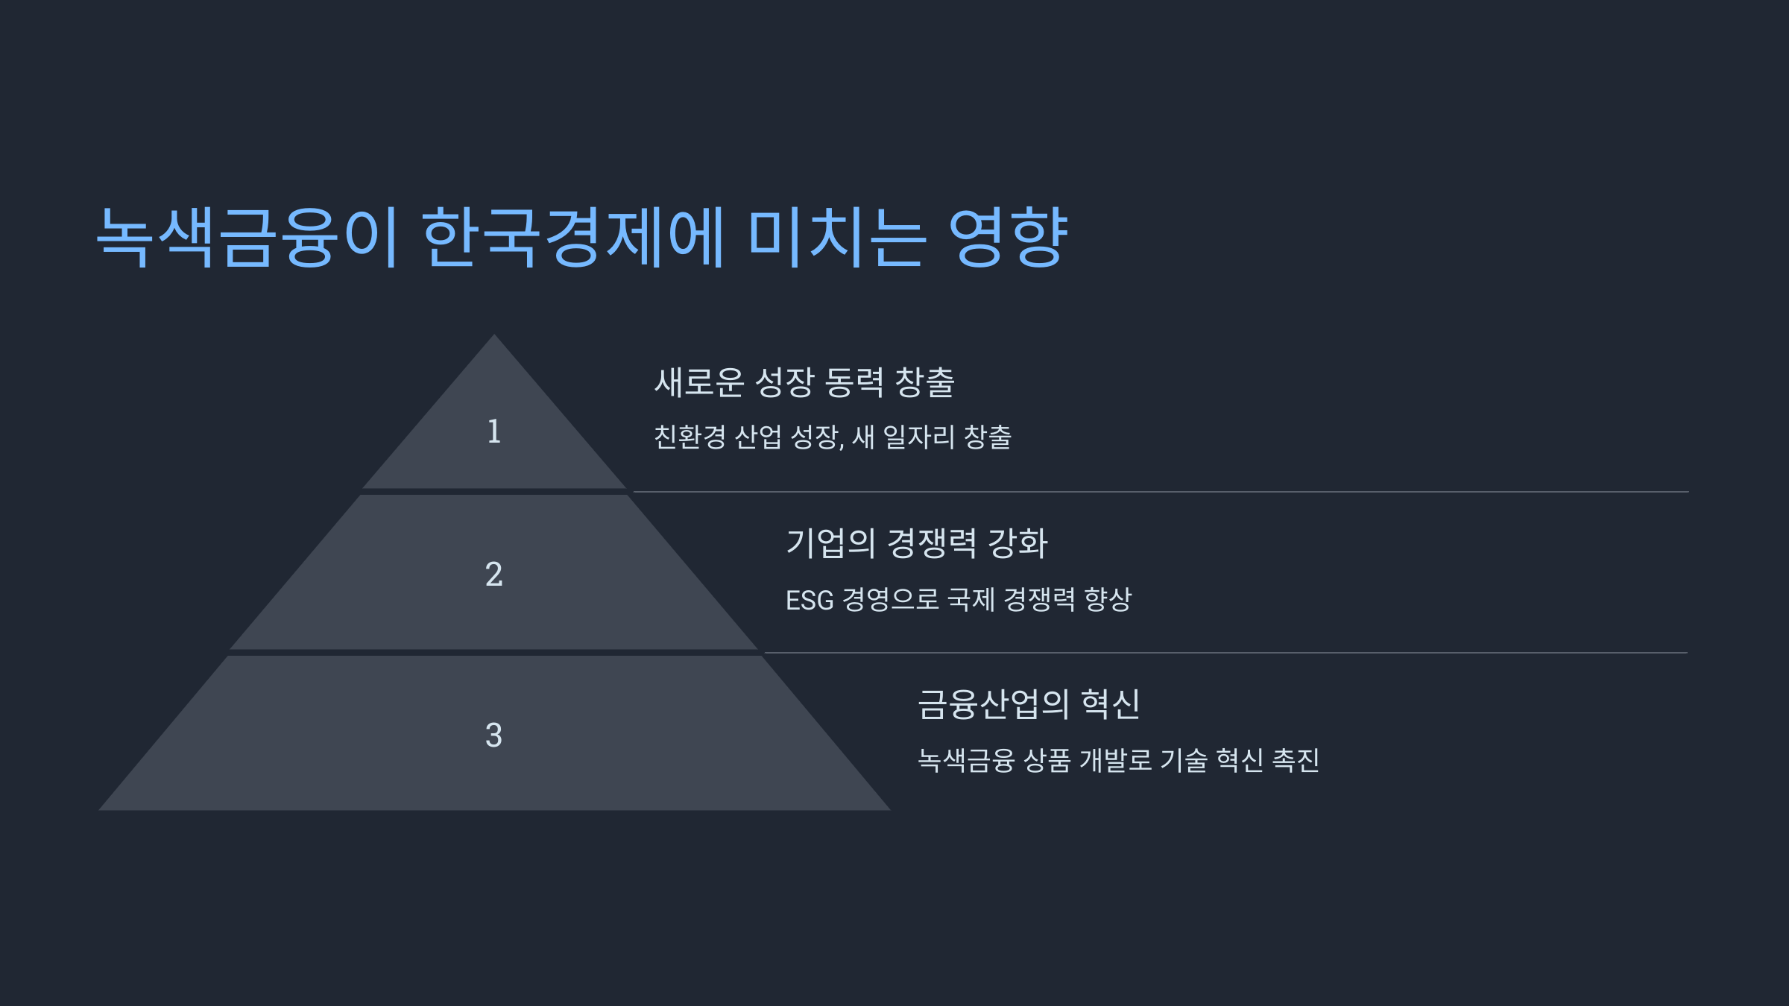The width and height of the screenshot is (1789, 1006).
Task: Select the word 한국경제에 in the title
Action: pos(572,237)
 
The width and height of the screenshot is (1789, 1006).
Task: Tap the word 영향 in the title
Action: pos(1008,237)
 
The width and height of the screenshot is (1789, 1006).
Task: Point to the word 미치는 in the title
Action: pos(836,237)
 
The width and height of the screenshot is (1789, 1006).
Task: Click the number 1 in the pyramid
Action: pos(493,431)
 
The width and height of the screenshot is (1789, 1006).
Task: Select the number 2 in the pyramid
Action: pos(493,575)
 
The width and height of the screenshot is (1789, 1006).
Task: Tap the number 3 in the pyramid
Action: pos(493,735)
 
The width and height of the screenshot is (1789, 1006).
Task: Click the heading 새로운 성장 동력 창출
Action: pos(804,382)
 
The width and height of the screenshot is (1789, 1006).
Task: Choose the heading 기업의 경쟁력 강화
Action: pos(917,543)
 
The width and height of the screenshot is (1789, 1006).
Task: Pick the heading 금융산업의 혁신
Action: pos(1028,704)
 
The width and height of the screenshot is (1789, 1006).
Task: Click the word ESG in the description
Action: pos(809,600)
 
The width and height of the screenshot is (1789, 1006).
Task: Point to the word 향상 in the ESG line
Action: pos(1108,599)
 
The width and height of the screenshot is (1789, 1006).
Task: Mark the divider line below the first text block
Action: pos(1160,492)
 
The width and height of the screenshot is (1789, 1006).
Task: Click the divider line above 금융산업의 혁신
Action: pos(1225,653)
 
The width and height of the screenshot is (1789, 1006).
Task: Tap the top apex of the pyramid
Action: pos(493,337)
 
